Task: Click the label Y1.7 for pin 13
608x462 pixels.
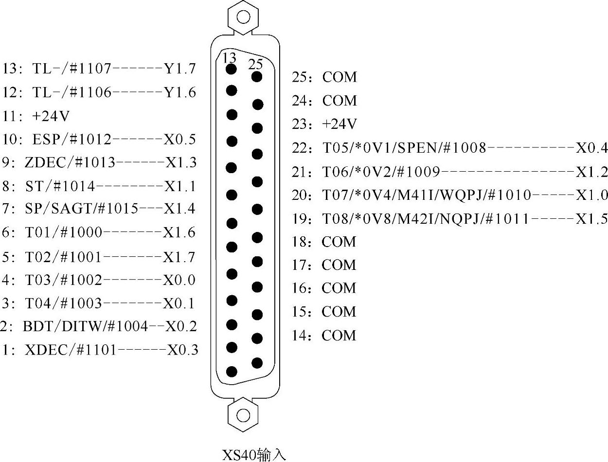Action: point(179,69)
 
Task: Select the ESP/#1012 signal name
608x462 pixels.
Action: point(72,140)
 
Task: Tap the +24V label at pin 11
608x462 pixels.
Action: point(51,116)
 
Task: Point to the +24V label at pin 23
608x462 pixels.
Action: point(340,124)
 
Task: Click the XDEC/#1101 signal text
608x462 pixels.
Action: point(71,350)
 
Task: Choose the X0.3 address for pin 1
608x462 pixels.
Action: point(183,350)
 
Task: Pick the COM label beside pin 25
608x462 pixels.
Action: point(340,77)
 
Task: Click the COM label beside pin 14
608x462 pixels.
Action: point(339,335)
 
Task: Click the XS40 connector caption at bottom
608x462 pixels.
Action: point(254,455)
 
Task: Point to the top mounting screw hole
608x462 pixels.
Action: point(243,17)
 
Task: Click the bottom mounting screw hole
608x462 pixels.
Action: point(243,415)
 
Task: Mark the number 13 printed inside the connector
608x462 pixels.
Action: point(229,58)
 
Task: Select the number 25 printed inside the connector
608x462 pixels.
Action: point(255,64)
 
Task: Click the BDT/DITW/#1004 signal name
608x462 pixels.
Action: point(85,326)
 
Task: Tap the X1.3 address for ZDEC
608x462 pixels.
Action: point(181,162)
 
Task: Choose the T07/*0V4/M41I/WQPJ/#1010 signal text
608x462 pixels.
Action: point(427,195)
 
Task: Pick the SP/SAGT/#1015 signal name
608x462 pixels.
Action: point(81,209)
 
